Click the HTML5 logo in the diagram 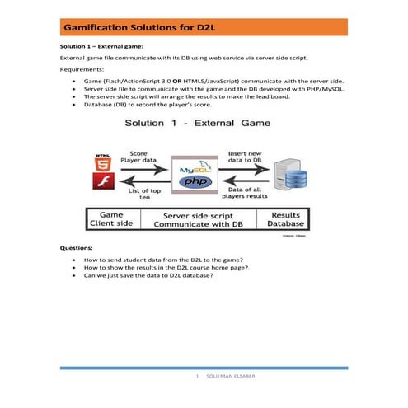[x=102, y=160]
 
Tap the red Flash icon [x=102, y=182]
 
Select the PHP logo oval [x=196, y=181]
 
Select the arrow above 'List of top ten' [x=144, y=183]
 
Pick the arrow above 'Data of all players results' [x=248, y=183]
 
